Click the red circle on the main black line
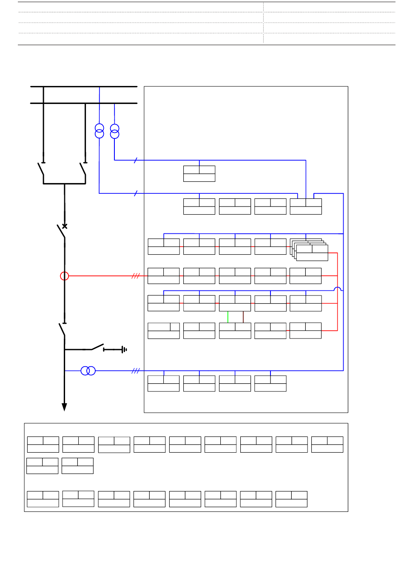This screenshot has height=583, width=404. point(65,276)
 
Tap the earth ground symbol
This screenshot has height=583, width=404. point(124,350)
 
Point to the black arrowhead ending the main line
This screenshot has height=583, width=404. point(65,407)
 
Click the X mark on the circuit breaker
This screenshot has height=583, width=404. point(65,226)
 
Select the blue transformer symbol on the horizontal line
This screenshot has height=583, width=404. point(88,371)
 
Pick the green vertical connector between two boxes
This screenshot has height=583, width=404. point(228,317)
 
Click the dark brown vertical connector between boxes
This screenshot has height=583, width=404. point(243,317)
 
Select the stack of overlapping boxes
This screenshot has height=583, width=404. point(309,250)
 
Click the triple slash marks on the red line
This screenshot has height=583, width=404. point(136,276)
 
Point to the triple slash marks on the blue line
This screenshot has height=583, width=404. point(136,371)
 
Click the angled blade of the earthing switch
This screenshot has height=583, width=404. point(97,346)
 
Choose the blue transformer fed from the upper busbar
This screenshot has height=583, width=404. point(100,131)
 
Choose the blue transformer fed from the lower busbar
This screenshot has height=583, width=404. point(115,131)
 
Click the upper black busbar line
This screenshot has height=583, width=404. point(84,86)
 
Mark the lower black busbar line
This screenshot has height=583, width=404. point(84,103)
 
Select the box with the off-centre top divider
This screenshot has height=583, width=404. point(164,331)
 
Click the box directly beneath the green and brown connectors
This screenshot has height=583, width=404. point(235,331)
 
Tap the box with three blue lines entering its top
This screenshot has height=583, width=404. point(306,207)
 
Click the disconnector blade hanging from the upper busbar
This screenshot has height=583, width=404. point(41,169)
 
